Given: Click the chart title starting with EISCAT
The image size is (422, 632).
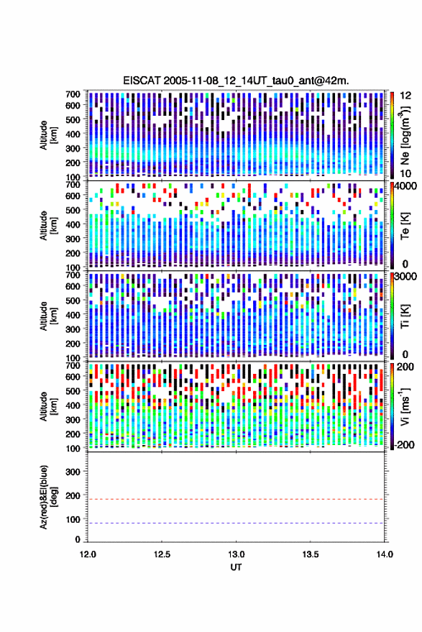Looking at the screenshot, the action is [236, 81].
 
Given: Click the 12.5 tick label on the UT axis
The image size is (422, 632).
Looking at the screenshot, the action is [162, 554].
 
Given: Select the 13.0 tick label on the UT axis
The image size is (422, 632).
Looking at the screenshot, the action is [236, 554].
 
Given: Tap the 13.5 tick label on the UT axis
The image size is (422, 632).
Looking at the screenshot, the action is [310, 554].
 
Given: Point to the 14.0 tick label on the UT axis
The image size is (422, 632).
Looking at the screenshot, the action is [384, 554].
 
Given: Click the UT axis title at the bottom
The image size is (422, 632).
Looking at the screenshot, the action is [236, 567].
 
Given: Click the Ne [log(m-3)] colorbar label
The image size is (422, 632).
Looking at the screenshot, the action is [405, 135].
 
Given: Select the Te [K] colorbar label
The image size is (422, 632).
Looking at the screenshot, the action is [405, 226].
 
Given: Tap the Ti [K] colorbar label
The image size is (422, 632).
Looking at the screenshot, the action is [405, 316].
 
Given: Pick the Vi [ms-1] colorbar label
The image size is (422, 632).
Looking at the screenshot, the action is [405, 406].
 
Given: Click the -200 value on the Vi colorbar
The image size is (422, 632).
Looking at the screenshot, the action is [404, 445].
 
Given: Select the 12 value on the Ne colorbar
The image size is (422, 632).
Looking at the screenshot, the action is [405, 96].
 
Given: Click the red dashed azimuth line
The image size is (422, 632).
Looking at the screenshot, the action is [236, 499].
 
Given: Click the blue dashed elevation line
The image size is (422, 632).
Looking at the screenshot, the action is [236, 523].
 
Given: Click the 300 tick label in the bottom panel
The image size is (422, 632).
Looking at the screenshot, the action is [73, 472].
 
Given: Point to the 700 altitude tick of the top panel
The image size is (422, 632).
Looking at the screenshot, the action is [73, 94].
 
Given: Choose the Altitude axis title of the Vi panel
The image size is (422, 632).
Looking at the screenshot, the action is [48, 406].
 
